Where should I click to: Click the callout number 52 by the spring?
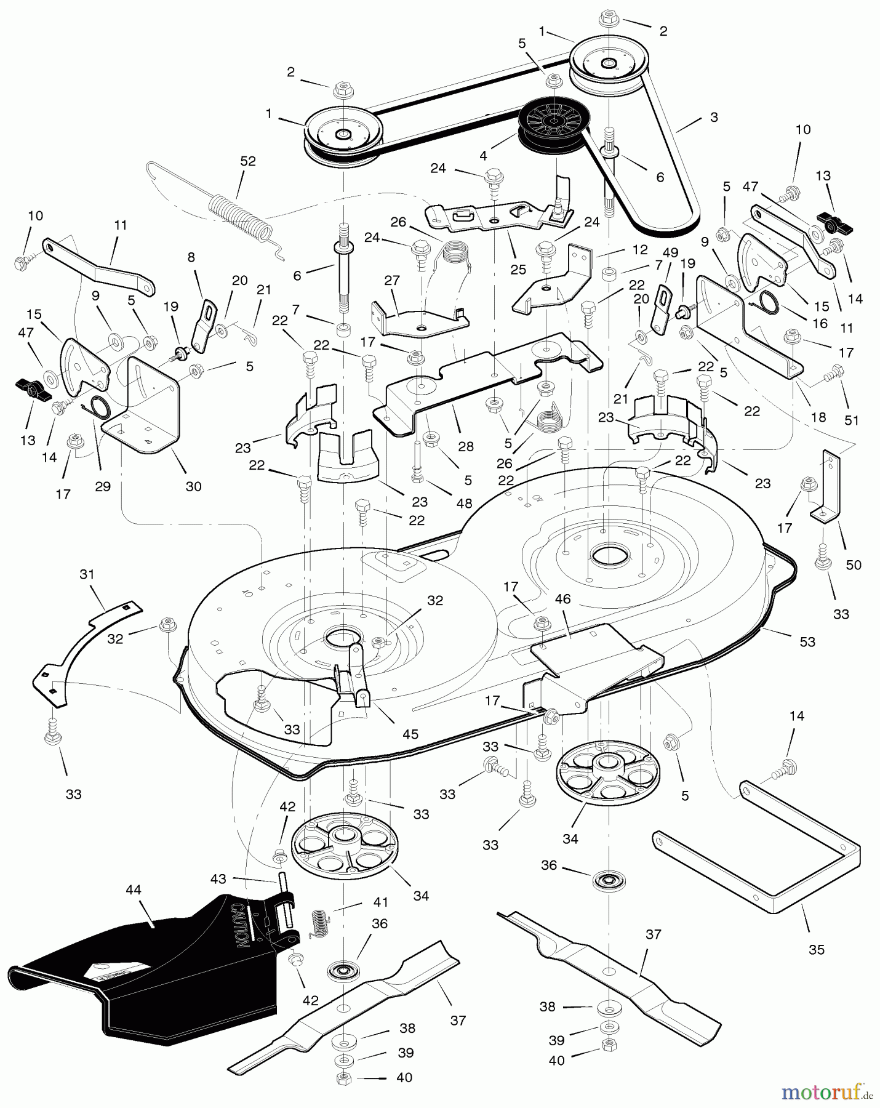[248, 161]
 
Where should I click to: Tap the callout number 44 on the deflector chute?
[134, 889]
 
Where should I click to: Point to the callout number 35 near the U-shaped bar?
[816, 949]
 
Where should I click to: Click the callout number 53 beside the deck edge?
[807, 642]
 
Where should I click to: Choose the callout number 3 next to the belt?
[713, 117]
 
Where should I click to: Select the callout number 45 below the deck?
[410, 734]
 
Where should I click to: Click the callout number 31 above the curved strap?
[87, 574]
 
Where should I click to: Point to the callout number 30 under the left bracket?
[193, 486]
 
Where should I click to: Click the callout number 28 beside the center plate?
[466, 446]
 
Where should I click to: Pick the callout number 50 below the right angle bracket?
[854, 564]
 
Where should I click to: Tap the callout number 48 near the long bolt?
[464, 504]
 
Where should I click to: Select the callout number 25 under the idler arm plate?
[518, 269]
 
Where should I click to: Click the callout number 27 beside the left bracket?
[392, 281]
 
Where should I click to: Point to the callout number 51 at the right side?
[851, 420]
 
